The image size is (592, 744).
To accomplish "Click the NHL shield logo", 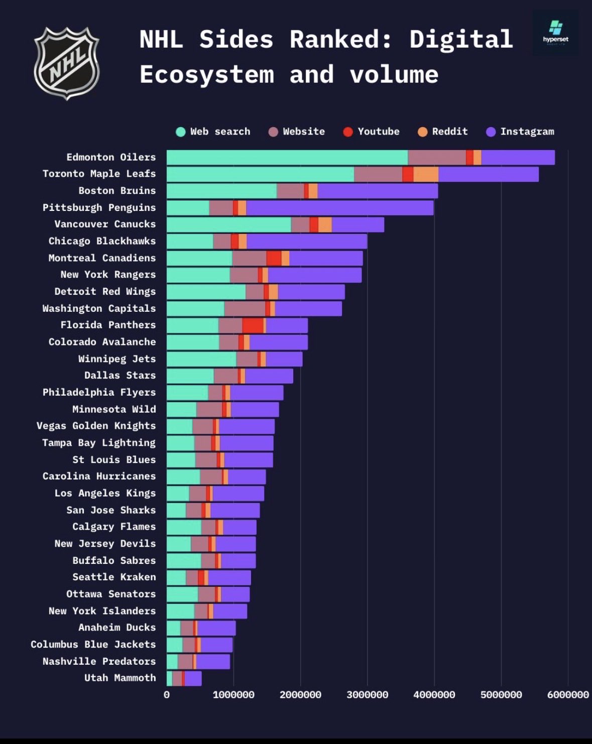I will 66,64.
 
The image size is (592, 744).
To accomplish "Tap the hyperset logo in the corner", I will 555,32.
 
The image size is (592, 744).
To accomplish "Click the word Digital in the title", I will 461,39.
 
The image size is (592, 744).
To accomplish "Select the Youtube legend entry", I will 372,132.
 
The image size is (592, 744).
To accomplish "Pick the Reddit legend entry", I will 443,132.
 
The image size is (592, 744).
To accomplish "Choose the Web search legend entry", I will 213,132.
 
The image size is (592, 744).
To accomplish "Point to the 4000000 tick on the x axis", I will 434,695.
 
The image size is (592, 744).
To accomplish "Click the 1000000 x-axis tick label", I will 233,695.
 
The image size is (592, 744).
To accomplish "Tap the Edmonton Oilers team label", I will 111,157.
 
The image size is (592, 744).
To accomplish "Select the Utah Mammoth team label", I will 120,678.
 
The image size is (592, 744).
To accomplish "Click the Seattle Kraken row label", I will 114,577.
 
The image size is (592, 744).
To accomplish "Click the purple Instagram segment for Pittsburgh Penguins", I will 339,208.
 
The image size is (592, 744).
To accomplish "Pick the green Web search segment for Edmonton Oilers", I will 287,157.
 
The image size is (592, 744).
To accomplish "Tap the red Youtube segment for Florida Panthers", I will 253,325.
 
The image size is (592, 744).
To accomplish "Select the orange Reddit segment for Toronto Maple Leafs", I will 426,174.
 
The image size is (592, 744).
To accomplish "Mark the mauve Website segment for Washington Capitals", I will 245,309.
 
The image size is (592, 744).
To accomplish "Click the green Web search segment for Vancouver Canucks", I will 228,225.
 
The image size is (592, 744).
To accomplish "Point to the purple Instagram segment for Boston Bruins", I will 378,191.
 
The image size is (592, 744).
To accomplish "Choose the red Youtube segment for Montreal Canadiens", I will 274,258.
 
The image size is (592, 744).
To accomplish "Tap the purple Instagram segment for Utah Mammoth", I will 193,678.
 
